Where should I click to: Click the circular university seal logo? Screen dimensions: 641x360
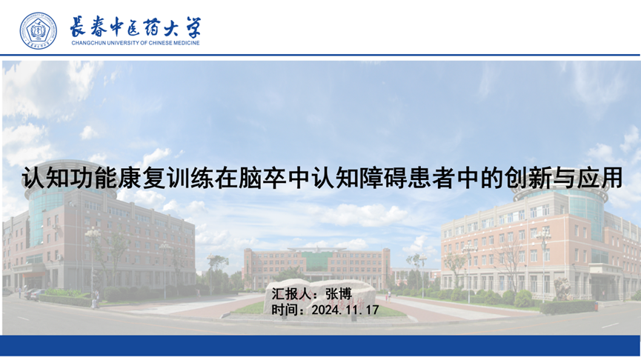tap(39, 30)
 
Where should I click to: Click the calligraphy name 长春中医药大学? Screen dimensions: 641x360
tap(136, 27)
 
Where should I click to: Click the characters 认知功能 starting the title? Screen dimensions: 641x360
tap(69, 178)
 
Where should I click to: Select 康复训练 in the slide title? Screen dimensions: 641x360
tap(166, 178)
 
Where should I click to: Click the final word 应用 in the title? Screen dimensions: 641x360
tap(599, 178)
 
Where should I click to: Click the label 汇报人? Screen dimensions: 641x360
tap(290, 294)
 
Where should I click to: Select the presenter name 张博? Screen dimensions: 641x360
tap(339, 294)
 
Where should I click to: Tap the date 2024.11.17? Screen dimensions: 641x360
tap(345, 310)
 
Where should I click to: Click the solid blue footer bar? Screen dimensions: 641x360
tap(320, 346)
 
